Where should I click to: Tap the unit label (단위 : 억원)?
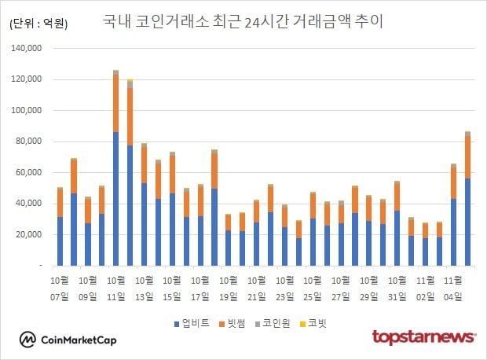click(38, 24)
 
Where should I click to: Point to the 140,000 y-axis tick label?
click(30, 49)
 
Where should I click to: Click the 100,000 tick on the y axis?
click(30, 111)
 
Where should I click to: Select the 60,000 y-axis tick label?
click(32, 173)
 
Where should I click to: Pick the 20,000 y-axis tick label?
click(32, 235)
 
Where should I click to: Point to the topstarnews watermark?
click(423, 337)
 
